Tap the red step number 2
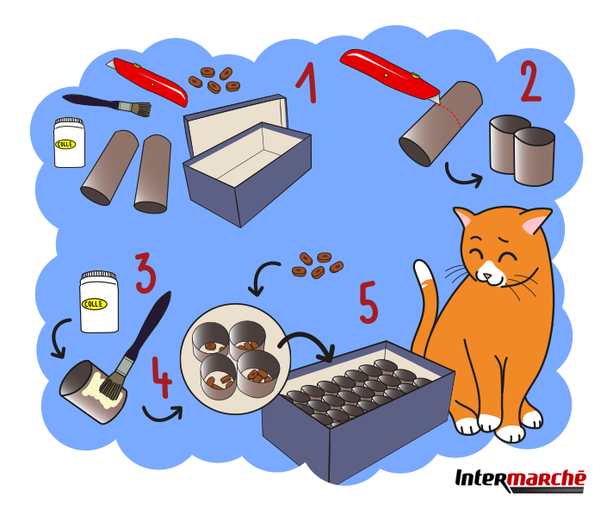coord(530,81)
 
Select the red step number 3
coord(146,273)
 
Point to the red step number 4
coord(162,377)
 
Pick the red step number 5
coord(369,302)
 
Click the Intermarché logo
coord(521,481)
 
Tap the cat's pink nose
coord(487,276)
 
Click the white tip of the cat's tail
coord(423,271)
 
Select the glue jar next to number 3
coord(99,301)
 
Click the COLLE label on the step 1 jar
coord(65,145)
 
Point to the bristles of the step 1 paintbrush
coord(140,109)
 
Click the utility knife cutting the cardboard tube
coord(390,76)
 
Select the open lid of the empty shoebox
coord(237,121)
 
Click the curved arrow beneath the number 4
coord(163,414)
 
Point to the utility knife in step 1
coord(147,82)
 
